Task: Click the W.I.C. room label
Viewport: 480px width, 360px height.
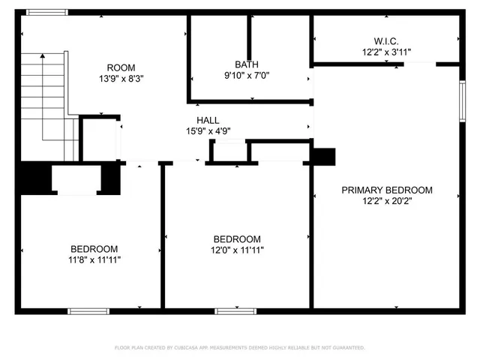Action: (386, 41)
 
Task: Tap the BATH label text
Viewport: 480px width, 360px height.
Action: (246, 64)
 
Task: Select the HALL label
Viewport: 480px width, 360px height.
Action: (208, 120)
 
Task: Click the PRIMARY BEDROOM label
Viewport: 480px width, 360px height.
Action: (387, 190)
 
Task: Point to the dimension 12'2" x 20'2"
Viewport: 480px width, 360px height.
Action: (387, 201)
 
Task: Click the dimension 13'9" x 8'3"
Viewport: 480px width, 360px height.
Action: (121, 79)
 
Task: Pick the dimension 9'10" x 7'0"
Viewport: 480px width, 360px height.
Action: (246, 75)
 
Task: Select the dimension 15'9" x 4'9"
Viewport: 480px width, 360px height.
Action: (208, 130)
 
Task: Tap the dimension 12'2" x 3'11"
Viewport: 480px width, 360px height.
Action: (386, 52)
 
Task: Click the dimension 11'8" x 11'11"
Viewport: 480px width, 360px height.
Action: (94, 259)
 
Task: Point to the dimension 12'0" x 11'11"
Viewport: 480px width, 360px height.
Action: (237, 250)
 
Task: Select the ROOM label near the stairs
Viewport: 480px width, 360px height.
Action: (121, 67)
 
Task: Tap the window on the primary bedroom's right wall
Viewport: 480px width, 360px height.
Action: (462, 97)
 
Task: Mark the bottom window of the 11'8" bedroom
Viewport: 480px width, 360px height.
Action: (88, 310)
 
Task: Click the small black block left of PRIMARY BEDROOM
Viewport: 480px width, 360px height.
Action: (324, 156)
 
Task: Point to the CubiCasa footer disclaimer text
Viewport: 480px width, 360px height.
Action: (240, 348)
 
